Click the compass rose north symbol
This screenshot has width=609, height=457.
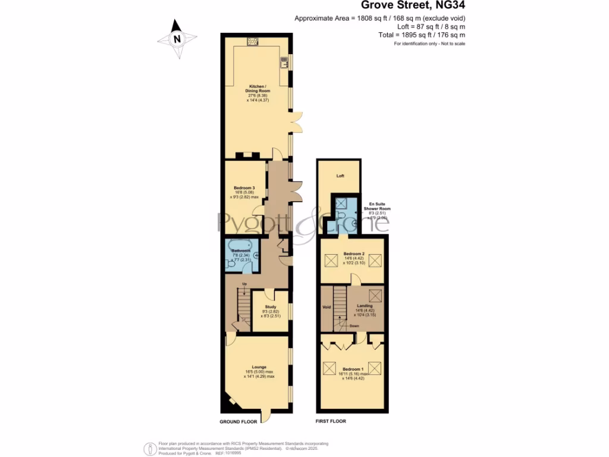(x=177, y=39)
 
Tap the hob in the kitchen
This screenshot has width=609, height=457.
(x=253, y=41)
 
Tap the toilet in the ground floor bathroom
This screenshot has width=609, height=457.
(x=231, y=264)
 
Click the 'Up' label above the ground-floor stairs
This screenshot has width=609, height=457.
(x=244, y=284)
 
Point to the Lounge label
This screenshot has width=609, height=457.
(x=259, y=367)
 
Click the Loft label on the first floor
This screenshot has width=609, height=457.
(x=340, y=176)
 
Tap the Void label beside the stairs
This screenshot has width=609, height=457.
(x=326, y=307)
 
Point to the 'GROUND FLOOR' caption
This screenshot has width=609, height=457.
(x=238, y=421)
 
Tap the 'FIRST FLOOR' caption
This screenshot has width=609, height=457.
(x=331, y=421)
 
